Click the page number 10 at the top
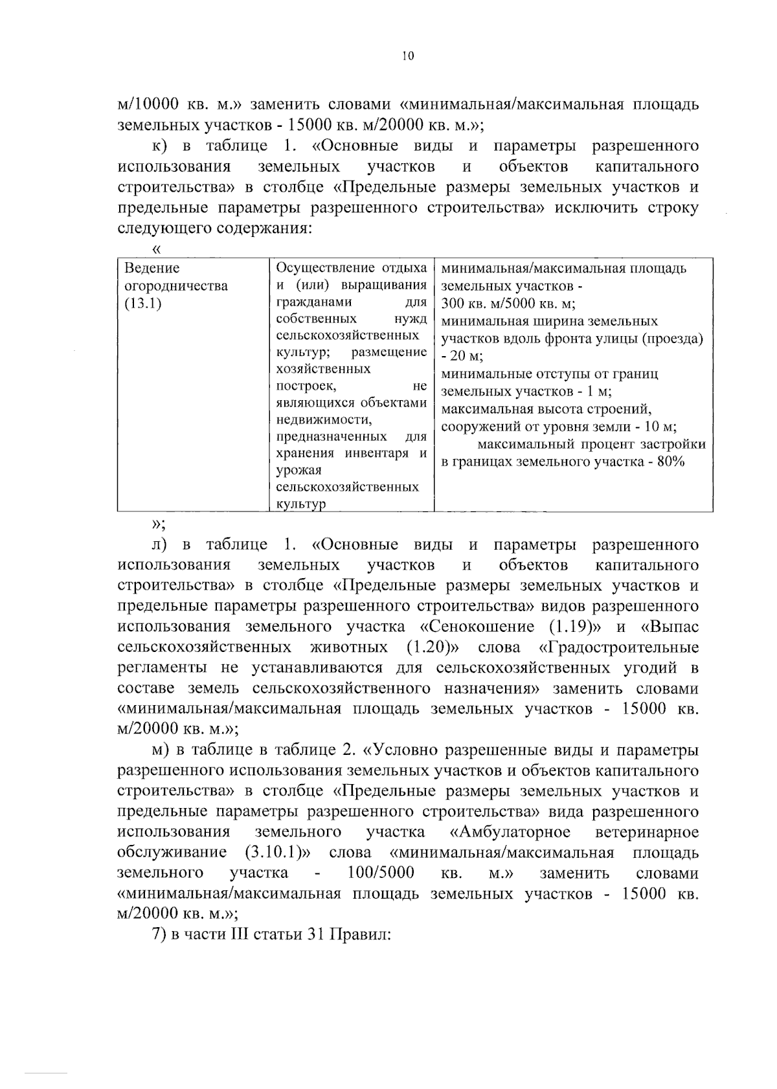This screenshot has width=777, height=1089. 407,56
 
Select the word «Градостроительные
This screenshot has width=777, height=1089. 618,647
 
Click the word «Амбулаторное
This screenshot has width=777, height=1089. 510,831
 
